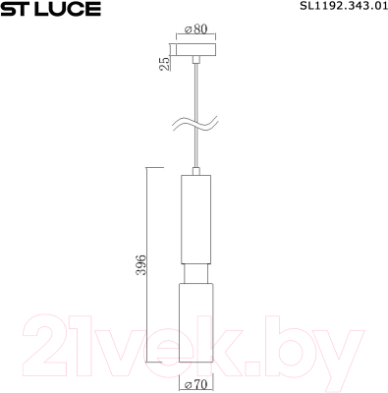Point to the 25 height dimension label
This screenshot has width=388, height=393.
pyautogui.click(x=165, y=63)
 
